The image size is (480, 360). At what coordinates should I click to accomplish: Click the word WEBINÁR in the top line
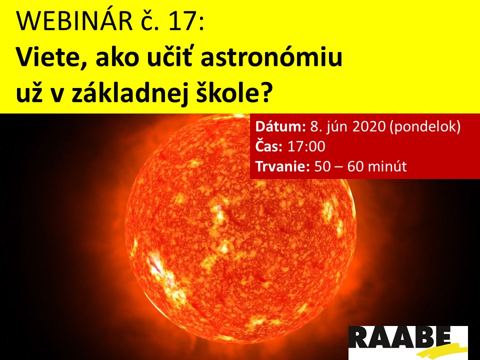[x=74, y=21]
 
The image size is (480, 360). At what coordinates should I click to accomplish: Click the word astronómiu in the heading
[x=271, y=58]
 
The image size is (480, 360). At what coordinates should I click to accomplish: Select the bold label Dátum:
[x=280, y=126]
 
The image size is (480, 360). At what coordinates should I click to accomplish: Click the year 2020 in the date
[x=368, y=126]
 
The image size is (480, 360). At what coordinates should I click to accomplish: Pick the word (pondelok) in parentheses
[x=425, y=126]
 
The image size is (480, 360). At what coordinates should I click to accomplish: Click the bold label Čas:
[x=269, y=146]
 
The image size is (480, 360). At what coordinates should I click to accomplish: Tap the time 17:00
[x=306, y=146]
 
